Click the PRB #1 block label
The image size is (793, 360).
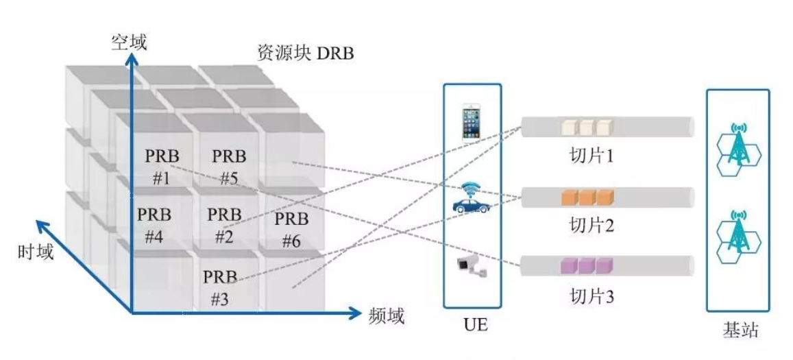tap(161, 167)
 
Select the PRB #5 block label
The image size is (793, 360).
tap(228, 167)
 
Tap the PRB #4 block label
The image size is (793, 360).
tap(154, 226)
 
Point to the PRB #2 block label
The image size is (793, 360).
tap(224, 226)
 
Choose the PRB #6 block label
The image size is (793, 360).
tap(291, 230)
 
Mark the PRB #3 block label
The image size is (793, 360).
tap(219, 288)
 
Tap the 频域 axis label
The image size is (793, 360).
tap(387, 315)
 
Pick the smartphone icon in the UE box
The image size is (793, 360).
tap(472, 121)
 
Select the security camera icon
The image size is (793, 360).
tap(472, 266)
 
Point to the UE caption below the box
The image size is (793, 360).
tap(472, 325)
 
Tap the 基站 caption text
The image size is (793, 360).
tap(741, 331)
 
